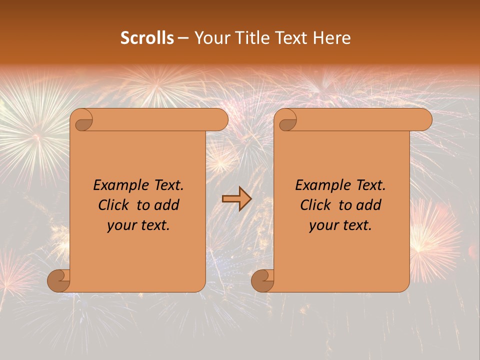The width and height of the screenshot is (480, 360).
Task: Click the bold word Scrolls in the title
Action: click(147, 38)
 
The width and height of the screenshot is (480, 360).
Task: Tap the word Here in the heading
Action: click(332, 38)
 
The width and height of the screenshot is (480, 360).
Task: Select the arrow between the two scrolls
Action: click(236, 199)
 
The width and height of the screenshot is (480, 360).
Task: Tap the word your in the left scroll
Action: click(121, 225)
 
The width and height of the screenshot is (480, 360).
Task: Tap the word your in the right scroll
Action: click(323, 225)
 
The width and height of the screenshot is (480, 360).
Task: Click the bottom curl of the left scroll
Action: click(59, 280)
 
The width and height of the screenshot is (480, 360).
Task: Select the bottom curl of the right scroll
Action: click(262, 280)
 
